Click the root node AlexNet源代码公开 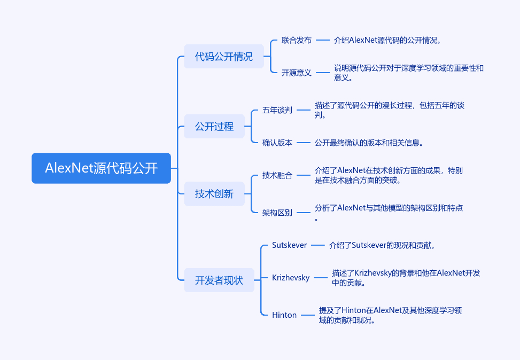101,168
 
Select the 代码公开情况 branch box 224,57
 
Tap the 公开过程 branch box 214,126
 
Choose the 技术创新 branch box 214,194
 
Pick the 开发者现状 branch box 219,280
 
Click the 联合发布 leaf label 297,41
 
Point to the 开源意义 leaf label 297,73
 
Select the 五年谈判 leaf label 277,110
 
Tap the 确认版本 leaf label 277,143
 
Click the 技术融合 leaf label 277,175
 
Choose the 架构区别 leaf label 277,213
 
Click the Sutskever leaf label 289,245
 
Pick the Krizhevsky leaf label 291,277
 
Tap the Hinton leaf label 284,315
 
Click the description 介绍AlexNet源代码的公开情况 387,41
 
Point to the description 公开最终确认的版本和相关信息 369,143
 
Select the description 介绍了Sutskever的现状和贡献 382,245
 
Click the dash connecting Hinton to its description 308,315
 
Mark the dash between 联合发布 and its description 323,41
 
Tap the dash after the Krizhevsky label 321,278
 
